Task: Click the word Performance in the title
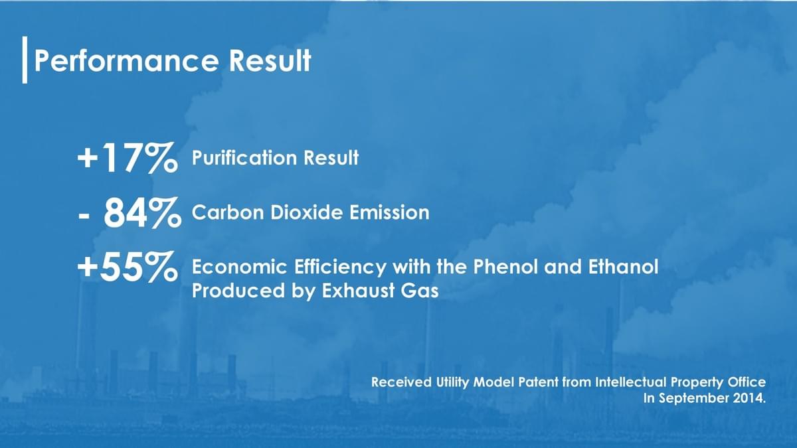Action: [126, 61]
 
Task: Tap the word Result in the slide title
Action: [270, 60]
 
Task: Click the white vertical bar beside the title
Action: [25, 60]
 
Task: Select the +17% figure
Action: [128, 157]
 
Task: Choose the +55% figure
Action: [128, 267]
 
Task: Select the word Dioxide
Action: [306, 212]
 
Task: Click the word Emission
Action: [389, 212]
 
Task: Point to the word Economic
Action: [240, 267]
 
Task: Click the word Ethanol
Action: [624, 267]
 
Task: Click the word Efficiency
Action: [340, 267]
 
